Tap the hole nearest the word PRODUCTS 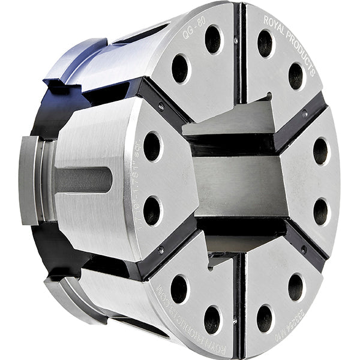point(296,76)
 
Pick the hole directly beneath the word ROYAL point(265,43)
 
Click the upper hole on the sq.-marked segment point(152,146)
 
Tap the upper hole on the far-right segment point(321,151)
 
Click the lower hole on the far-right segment point(321,211)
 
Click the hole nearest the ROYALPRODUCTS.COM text point(179,288)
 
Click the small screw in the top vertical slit point(236,41)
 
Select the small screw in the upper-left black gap point(161,107)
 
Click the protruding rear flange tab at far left point(28,180)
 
